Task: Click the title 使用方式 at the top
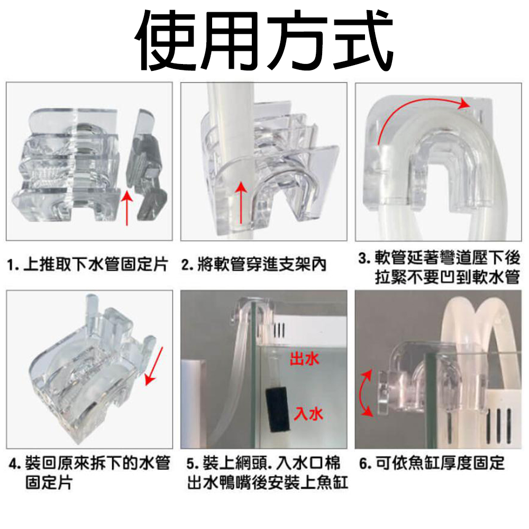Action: pos(264,41)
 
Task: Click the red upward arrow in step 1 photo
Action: pos(127,208)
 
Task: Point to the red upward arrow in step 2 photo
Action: pos(241,202)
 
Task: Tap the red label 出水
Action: pos(304,359)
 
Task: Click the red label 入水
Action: pos(308,414)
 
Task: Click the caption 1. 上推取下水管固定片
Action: pos(87,264)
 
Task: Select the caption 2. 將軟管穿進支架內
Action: pos(254,264)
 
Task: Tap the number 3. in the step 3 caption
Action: pos(364,259)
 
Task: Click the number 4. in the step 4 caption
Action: pos(15,464)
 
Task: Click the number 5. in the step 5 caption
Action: pos(193,464)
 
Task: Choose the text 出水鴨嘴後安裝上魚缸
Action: pos(268,483)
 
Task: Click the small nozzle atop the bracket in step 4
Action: pos(91,305)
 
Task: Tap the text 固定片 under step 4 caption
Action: pos(49,483)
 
